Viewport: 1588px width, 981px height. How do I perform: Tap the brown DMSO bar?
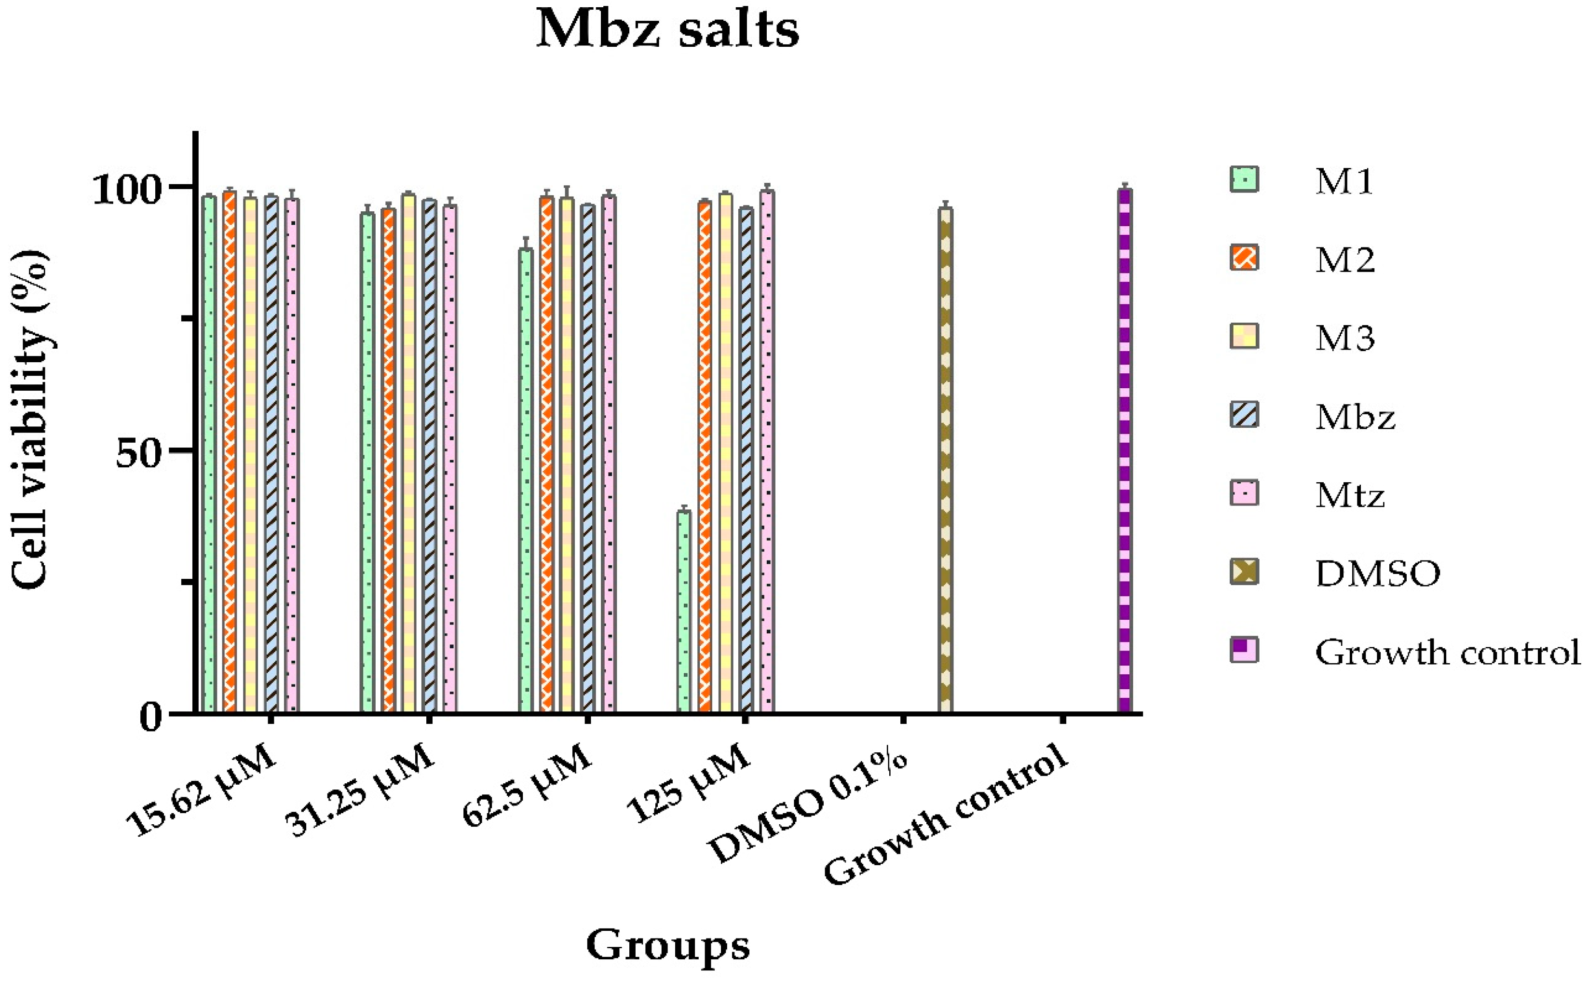point(945,461)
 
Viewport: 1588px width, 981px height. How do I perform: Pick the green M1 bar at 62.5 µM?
point(526,480)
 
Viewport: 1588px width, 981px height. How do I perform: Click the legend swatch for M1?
point(1244,180)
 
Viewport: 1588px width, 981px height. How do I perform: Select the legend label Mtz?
point(1350,495)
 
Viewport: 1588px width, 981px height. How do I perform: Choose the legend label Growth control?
point(1447,652)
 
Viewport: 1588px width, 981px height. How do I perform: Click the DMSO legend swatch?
point(1244,572)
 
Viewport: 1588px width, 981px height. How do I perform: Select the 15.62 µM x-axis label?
point(201,791)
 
